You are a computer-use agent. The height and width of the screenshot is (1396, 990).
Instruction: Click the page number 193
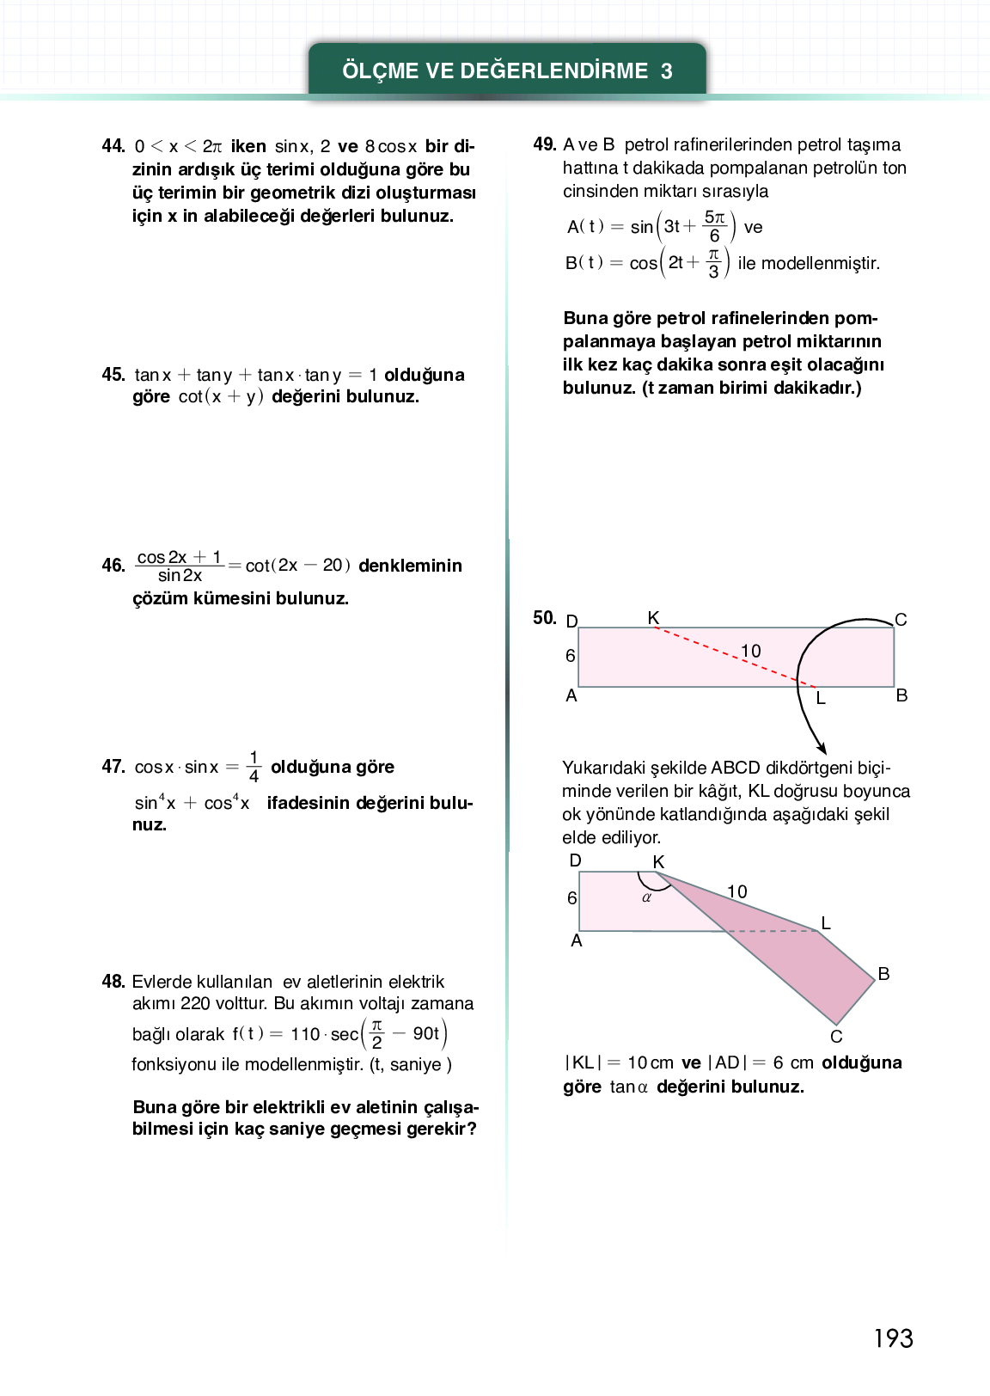893,1338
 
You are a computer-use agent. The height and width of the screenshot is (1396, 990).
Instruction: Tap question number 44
113,146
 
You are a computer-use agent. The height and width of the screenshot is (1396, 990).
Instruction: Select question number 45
113,375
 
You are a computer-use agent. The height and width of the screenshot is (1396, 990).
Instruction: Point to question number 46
113,566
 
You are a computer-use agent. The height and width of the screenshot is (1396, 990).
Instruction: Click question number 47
113,767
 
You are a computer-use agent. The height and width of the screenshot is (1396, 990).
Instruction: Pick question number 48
113,982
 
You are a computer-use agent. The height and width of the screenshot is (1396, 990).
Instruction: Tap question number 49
545,144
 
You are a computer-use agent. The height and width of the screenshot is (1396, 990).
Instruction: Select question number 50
545,618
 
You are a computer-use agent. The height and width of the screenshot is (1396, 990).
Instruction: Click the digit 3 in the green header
667,71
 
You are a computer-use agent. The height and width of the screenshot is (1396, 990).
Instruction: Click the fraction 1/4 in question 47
254,767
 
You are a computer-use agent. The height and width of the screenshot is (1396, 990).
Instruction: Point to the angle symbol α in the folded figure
647,897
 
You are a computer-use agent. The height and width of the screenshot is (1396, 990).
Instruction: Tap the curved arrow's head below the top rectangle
822,748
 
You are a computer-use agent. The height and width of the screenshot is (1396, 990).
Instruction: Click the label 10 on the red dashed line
751,651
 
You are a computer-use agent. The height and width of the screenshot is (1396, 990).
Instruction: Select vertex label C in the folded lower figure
836,1037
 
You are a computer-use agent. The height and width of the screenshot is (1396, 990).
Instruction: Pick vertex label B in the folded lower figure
883,974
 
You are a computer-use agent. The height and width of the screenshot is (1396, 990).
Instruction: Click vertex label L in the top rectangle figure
821,699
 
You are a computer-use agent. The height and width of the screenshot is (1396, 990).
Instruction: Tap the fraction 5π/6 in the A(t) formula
715,227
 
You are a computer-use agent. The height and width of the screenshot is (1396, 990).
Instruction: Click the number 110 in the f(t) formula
305,1034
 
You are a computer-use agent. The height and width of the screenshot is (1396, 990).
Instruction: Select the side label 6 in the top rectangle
571,656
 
